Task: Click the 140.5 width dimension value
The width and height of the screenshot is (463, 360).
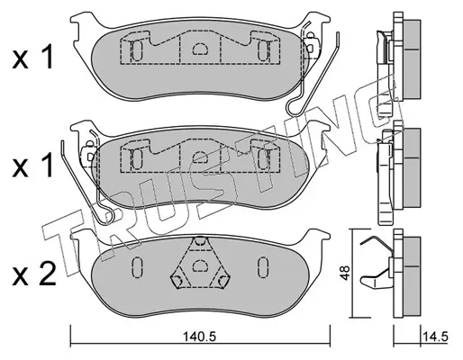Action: [x=200, y=337]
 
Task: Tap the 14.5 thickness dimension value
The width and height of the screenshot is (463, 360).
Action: [x=435, y=337]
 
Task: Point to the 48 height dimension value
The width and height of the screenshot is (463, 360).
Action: [x=345, y=273]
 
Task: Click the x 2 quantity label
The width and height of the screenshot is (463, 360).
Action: [x=34, y=274]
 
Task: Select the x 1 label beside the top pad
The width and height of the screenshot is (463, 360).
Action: [x=33, y=57]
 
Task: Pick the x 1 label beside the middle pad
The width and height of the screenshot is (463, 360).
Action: [x=33, y=165]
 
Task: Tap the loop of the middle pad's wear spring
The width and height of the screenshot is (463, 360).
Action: [x=109, y=217]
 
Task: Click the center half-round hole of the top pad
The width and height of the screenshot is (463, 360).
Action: [x=200, y=49]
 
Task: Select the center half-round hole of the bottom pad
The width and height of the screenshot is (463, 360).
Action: [x=198, y=265]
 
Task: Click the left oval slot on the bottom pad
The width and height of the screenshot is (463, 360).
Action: [x=137, y=266]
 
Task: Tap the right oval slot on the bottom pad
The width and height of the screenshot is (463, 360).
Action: [x=263, y=266]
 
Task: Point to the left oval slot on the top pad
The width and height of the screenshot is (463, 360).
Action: [x=137, y=50]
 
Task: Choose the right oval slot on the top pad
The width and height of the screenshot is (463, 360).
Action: [x=263, y=50]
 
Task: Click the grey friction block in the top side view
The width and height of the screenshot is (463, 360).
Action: [x=411, y=58]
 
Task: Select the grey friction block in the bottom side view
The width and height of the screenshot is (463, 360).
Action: [x=411, y=276]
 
